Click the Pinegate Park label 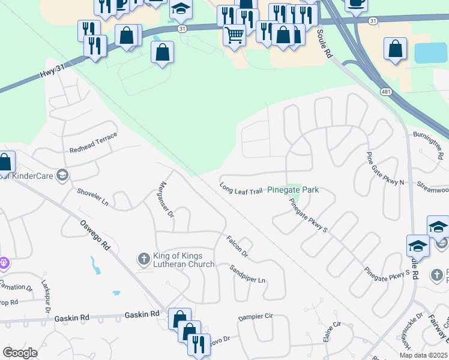292,190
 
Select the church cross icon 143,259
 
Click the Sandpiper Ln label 247,275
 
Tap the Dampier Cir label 255,316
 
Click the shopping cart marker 234,34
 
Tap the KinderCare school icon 62,175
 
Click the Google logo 20,352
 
